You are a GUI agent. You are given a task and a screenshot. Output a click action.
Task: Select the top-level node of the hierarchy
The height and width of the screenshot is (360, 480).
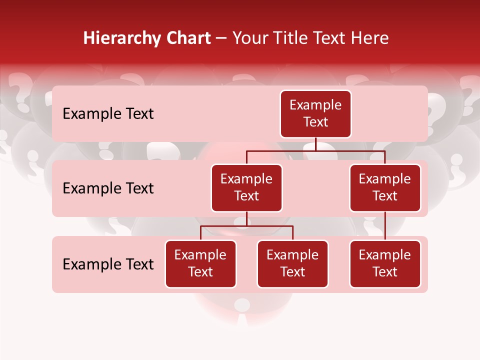tap(315, 113)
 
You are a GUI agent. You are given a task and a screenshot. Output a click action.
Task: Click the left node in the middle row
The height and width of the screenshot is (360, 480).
tap(246, 187)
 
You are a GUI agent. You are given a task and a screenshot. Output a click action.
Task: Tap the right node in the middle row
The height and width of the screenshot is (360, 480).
tap(385, 187)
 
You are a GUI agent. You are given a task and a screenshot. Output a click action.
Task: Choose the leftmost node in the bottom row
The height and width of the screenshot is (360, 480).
tap(200, 263)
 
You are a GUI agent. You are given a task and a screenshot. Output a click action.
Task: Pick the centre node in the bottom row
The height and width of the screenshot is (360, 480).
tap(292, 263)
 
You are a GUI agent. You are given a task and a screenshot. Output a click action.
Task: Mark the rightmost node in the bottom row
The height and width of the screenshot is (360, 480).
tap(385, 263)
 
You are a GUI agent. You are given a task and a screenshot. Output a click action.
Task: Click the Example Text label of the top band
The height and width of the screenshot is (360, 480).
tap(108, 113)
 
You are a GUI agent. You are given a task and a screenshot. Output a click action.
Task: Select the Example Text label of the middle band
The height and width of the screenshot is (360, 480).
tap(108, 188)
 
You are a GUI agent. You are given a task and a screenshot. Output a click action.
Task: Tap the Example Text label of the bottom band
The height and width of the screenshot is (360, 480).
tap(108, 264)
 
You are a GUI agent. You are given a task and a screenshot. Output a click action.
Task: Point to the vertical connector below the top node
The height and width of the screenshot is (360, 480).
tap(315, 144)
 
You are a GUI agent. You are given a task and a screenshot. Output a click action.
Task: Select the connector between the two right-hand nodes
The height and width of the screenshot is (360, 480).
tap(385, 226)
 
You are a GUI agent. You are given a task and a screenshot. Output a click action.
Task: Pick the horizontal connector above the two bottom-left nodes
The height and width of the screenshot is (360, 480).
tap(246, 226)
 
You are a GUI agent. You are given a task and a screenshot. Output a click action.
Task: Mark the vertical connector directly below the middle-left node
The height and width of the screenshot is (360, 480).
tap(246, 218)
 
